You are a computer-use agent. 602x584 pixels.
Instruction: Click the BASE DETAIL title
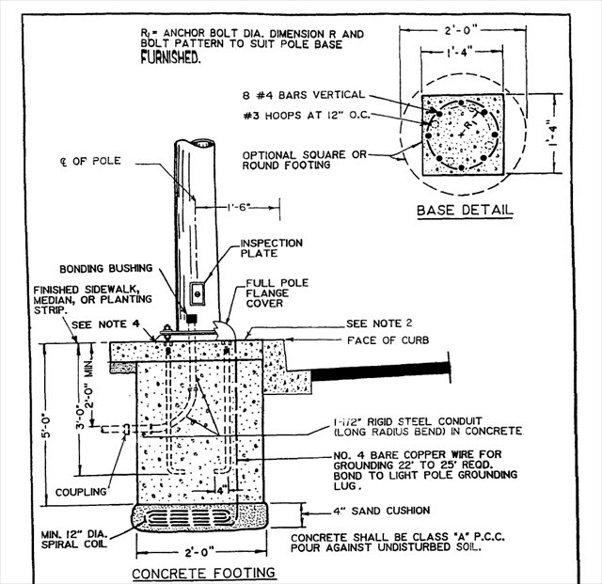[x=465, y=210]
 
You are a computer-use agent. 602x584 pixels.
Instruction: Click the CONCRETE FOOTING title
[x=203, y=573]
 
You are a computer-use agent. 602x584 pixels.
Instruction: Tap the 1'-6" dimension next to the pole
[x=238, y=207]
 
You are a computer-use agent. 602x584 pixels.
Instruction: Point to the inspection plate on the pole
[x=198, y=293]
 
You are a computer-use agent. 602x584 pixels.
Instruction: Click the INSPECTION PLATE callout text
[x=272, y=248]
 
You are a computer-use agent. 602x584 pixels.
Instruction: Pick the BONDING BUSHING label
[x=106, y=268]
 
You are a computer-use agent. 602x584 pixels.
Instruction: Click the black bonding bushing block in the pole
[x=191, y=318]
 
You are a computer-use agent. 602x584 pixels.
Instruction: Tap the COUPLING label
[x=81, y=492]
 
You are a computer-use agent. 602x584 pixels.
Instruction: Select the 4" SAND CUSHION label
[x=381, y=511]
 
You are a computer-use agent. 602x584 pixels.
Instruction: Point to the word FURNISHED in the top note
[x=170, y=57]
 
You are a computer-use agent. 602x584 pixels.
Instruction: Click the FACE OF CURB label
[x=388, y=340]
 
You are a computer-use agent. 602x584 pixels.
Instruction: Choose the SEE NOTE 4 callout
[x=105, y=324]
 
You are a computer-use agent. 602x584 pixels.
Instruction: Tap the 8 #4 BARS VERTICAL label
[x=303, y=95]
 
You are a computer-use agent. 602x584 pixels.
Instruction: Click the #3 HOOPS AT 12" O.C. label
[x=307, y=115]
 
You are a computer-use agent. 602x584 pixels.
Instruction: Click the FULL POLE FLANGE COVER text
[x=277, y=293]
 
